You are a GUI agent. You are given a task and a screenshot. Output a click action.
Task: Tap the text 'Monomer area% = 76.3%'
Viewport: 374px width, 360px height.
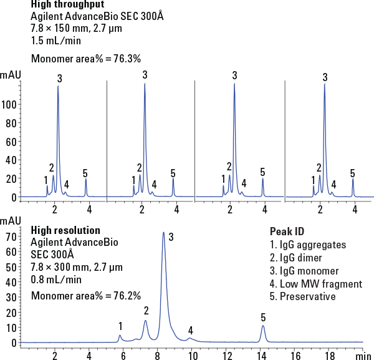[86, 59]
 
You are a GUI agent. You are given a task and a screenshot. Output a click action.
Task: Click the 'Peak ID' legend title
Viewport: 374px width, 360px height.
[286, 231]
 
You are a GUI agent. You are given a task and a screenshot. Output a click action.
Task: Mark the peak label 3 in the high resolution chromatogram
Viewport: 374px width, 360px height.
[171, 236]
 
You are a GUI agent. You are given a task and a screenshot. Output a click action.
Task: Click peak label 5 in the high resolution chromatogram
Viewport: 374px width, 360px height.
[263, 318]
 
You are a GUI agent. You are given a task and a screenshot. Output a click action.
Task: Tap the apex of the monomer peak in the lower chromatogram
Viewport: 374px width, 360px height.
[163, 233]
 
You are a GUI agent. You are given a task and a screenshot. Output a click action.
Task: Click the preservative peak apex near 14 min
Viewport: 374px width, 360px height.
[263, 326]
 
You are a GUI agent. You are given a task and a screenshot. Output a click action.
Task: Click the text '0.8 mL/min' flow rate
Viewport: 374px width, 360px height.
[56, 279]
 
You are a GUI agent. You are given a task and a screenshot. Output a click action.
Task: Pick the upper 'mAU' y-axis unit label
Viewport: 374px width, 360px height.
[11, 75]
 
